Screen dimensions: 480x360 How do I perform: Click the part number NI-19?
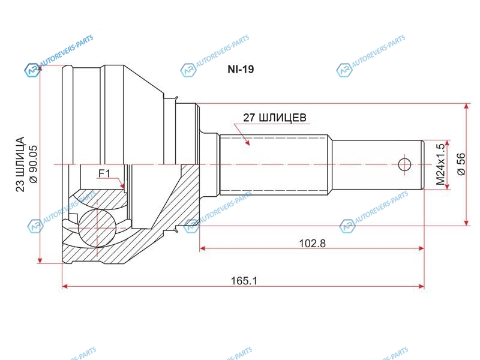pyautogui.click(x=241, y=69)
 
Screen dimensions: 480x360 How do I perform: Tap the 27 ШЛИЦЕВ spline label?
pyautogui.click(x=275, y=118)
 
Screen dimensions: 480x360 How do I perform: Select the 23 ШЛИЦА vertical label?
pyautogui.click(x=20, y=164)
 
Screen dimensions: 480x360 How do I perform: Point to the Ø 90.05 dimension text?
pyautogui.click(x=33, y=164)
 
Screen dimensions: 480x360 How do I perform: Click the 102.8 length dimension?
pyautogui.click(x=312, y=244)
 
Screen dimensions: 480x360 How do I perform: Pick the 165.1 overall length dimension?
pyautogui.click(x=244, y=280)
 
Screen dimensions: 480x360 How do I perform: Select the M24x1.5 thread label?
pyautogui.click(x=440, y=164)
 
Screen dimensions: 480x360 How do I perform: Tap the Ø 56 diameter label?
pyautogui.click(x=461, y=164)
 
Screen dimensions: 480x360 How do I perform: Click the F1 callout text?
pyautogui.click(x=104, y=173)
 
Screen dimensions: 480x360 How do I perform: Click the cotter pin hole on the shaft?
pyautogui.click(x=404, y=164)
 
